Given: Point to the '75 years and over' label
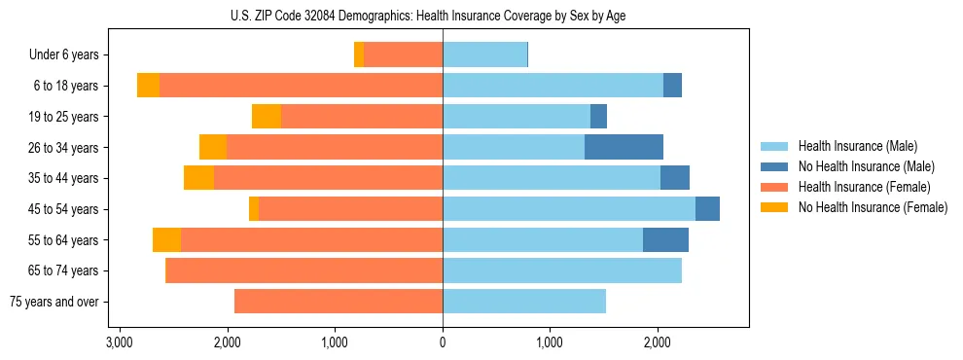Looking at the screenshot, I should (x=54, y=302).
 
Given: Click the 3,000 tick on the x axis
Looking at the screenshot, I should (x=119, y=342).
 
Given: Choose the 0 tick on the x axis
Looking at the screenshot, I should (x=443, y=342).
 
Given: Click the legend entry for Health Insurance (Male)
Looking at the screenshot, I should (x=857, y=146).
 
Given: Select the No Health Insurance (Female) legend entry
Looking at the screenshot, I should (x=873, y=207).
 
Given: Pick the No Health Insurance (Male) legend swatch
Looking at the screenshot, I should (x=775, y=166).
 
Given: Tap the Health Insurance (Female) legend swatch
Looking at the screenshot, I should (x=775, y=187).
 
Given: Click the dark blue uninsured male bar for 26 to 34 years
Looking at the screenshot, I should (x=624, y=148).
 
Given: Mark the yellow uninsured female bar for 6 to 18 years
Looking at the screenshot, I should (x=148, y=86).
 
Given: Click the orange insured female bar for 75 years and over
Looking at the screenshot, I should (x=339, y=302).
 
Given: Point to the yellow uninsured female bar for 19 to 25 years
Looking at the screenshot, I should (x=267, y=117).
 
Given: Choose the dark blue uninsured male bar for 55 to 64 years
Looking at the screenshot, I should (x=665, y=240).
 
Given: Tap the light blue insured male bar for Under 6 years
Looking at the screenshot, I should (x=484, y=55).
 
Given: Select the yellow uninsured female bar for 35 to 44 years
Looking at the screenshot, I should (x=198, y=178).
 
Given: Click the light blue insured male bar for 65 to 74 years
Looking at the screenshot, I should (x=562, y=270).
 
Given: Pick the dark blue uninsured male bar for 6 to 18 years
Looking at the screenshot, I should (x=672, y=86).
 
